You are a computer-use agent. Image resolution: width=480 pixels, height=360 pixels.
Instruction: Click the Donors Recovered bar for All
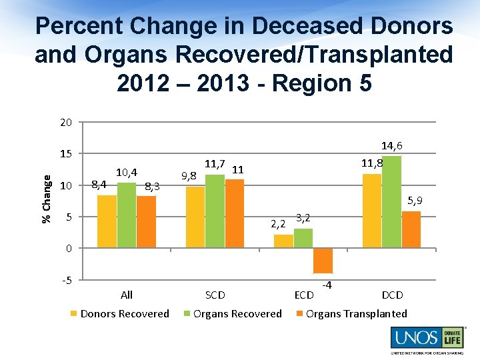107,221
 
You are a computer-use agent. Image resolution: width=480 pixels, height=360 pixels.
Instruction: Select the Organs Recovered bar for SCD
215,211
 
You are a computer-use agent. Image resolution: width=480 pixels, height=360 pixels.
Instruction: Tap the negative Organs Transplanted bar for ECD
323,261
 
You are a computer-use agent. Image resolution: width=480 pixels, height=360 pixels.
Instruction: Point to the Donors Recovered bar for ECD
283,241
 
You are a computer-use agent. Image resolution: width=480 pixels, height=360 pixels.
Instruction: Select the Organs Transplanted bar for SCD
235,213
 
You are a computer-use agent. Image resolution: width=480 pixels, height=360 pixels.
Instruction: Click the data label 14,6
391,146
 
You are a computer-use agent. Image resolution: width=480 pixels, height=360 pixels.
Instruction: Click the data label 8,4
99,185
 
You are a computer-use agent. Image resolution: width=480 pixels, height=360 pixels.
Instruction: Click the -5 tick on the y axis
66,279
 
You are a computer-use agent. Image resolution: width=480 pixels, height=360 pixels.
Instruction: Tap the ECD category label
304,295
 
